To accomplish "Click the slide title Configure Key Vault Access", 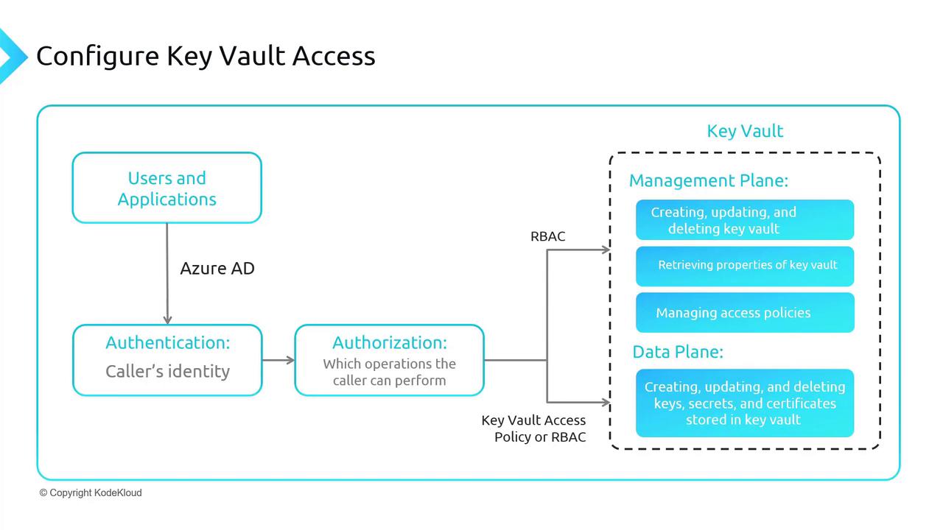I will point(206,56).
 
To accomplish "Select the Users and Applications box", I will point(166,188).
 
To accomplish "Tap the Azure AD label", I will point(217,269).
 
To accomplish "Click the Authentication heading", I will point(167,342).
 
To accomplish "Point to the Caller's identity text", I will point(167,372).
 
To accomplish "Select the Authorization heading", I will point(389,342).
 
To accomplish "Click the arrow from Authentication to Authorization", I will point(278,360).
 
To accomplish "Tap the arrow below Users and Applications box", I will point(167,272).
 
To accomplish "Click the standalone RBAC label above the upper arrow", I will point(548,236).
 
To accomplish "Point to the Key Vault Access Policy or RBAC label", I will point(534,428).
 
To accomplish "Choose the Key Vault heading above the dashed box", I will point(745,131).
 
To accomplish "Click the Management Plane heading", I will point(708,180).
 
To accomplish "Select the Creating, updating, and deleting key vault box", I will point(744,220).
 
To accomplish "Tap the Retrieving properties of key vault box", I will point(744,265).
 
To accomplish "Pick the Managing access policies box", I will point(744,313).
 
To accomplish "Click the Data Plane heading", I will point(678,352).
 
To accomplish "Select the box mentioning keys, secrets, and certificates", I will point(744,403).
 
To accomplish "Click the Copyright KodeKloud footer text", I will point(91,492).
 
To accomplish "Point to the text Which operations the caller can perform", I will point(389,372).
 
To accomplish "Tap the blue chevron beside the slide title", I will point(11,56).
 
